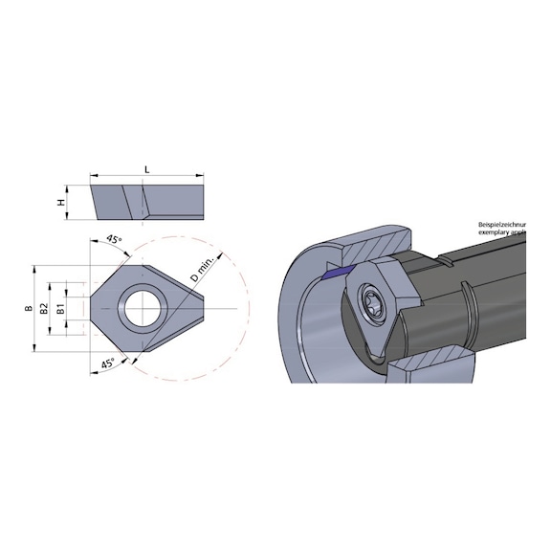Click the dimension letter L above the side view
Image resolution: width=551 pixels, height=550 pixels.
pyautogui.click(x=145, y=168)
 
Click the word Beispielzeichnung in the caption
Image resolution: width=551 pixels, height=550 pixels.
pyautogui.click(x=501, y=224)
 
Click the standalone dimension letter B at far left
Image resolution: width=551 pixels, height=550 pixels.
pyautogui.click(x=30, y=308)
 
